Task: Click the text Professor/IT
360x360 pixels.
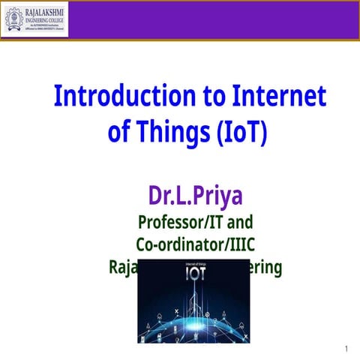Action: click(x=183, y=223)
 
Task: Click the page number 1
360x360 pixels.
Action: click(x=346, y=349)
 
